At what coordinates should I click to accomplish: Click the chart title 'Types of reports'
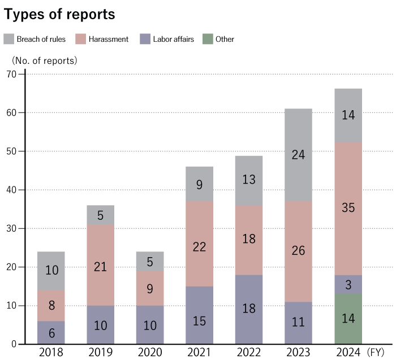point(59,15)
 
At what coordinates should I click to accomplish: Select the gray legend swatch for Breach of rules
point(9,39)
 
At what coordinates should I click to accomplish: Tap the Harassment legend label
point(109,40)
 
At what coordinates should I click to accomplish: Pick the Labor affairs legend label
point(173,40)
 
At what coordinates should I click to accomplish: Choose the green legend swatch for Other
point(208,39)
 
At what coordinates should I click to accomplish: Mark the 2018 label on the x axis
point(51,352)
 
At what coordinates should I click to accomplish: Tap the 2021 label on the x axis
point(200,352)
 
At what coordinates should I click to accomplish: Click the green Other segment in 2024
point(348,319)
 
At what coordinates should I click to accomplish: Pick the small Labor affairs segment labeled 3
point(348,284)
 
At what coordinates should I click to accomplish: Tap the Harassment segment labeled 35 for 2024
point(348,209)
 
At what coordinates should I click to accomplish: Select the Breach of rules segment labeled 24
point(299,155)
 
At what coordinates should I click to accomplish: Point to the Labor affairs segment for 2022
point(249,310)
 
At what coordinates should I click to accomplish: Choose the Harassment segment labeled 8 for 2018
point(51,306)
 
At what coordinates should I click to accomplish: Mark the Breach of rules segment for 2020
point(150,261)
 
